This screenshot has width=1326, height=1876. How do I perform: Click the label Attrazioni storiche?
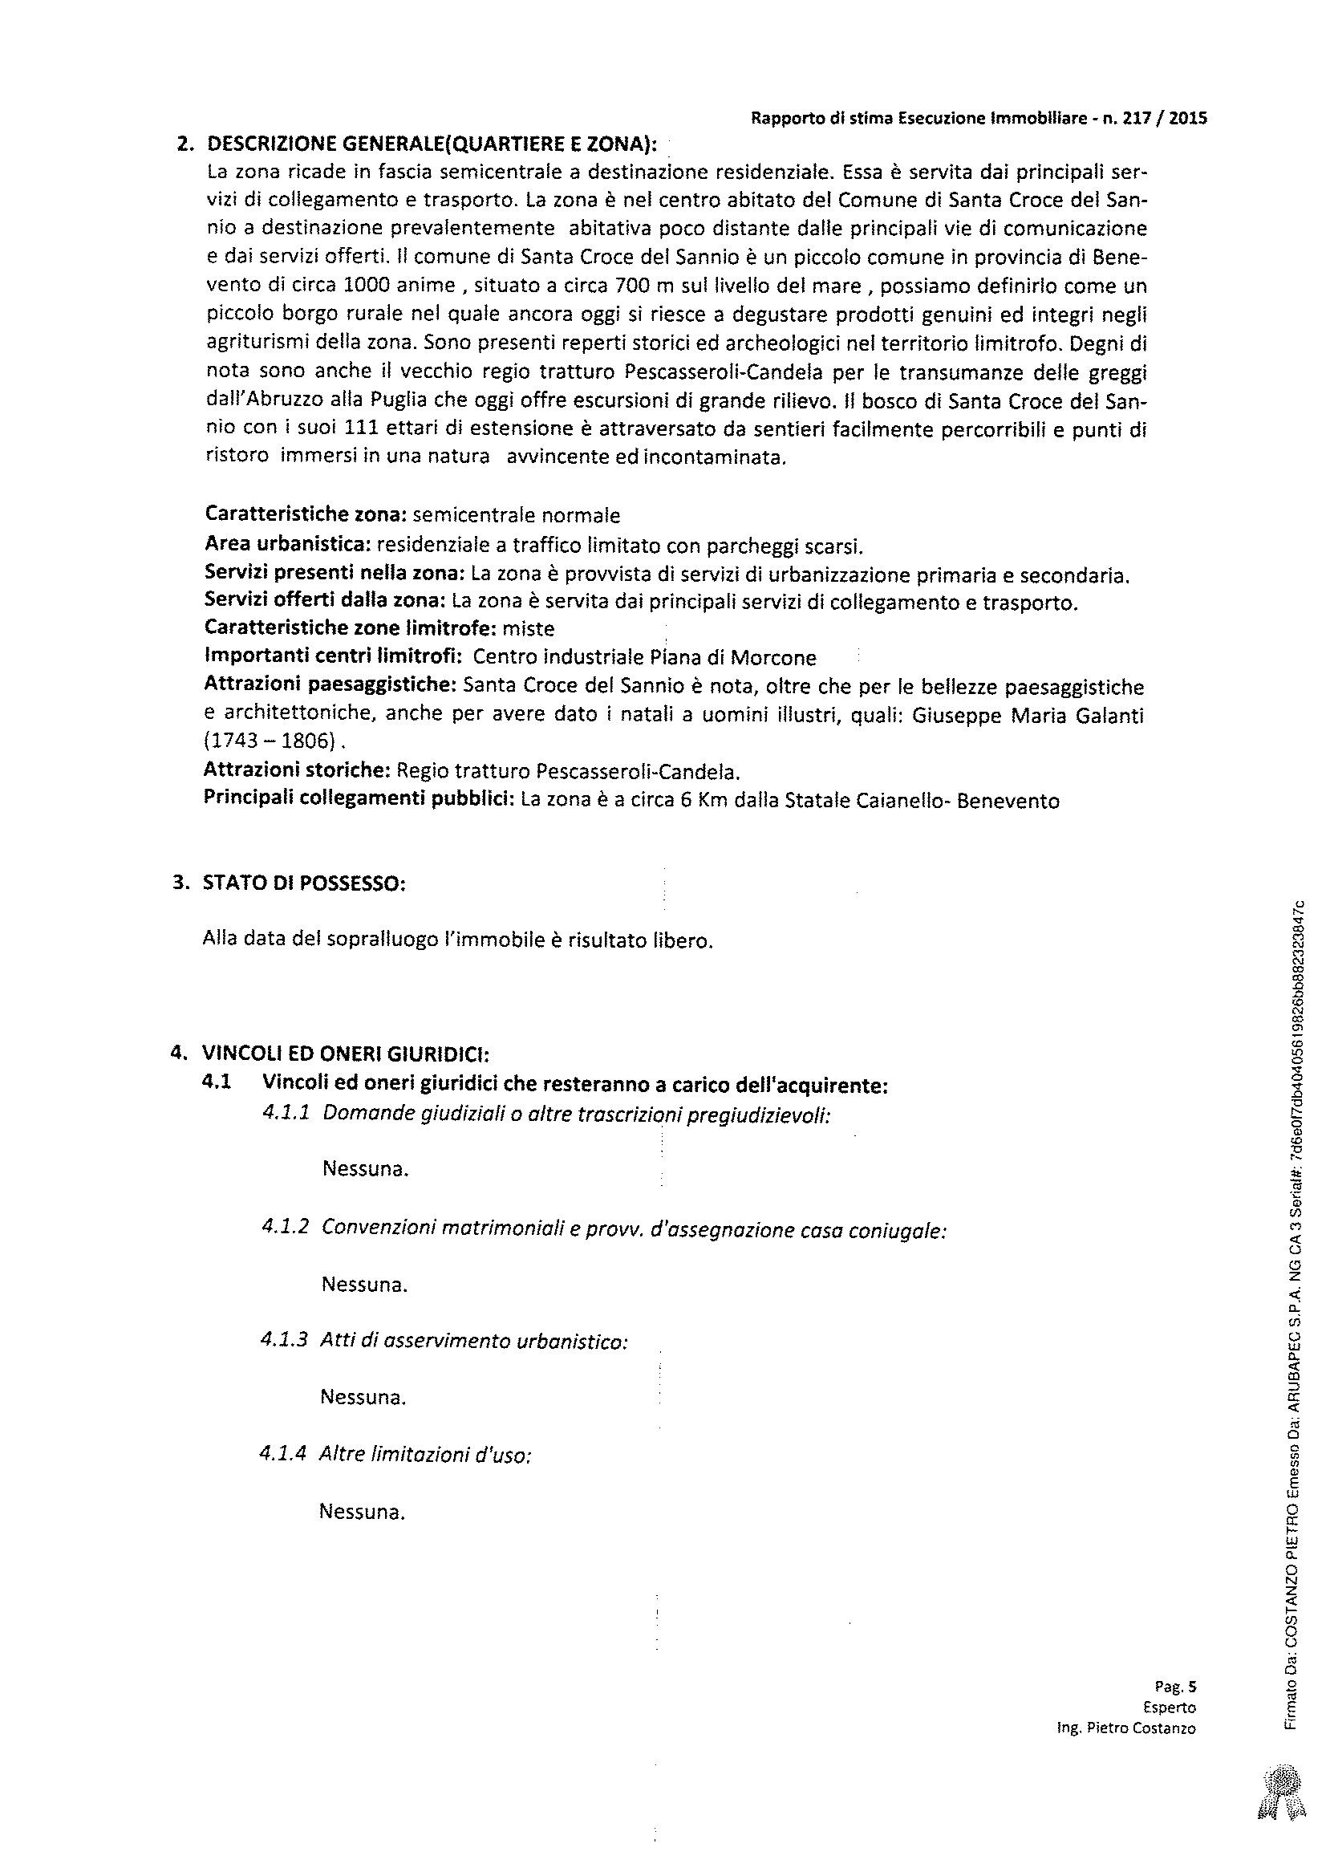point(298,770)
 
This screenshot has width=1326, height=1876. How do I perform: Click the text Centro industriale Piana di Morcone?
point(645,657)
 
